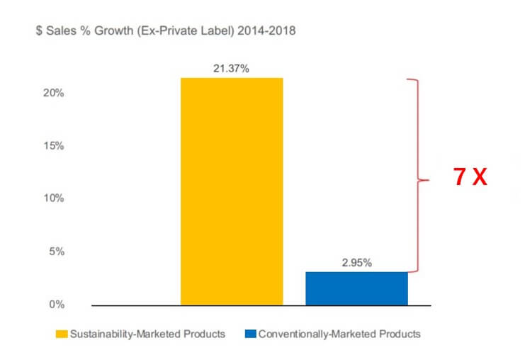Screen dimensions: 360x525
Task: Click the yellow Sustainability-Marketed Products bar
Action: [232, 191]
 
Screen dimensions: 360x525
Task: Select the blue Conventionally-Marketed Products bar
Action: [356, 288]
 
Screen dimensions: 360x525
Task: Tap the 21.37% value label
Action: [232, 69]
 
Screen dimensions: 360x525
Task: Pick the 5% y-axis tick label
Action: [57, 252]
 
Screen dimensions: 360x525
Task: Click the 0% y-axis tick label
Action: [57, 305]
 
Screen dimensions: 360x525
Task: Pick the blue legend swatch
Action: [249, 334]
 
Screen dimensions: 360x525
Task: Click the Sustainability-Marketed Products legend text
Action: [147, 334]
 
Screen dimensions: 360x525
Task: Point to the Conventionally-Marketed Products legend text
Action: [339, 334]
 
